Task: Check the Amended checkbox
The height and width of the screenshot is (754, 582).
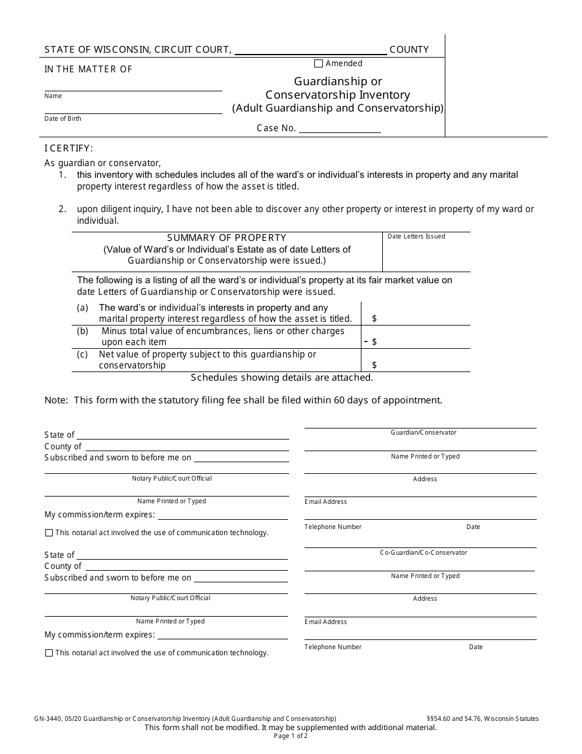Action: click(x=318, y=63)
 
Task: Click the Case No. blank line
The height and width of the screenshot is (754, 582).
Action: click(x=339, y=128)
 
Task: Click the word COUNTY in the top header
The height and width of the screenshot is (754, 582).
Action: click(x=409, y=50)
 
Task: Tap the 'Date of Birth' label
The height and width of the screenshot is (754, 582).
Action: click(x=62, y=118)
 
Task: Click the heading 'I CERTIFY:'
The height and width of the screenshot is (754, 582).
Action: click(x=69, y=148)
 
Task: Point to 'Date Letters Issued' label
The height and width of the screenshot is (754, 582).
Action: click(x=416, y=236)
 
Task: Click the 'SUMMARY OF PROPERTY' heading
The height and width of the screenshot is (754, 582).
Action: click(x=227, y=237)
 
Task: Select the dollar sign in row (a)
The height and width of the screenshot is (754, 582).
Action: click(x=374, y=319)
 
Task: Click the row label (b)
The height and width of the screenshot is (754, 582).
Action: click(x=82, y=331)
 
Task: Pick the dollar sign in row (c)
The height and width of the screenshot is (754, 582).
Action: click(x=374, y=365)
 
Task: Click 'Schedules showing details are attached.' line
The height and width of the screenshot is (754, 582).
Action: click(x=282, y=378)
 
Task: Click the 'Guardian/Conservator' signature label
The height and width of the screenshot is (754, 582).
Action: click(x=423, y=432)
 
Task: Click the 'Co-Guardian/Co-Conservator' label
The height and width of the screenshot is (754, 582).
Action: click(x=423, y=552)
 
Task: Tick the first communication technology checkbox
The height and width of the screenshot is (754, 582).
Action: click(x=49, y=533)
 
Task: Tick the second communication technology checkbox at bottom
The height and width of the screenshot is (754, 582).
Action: click(x=49, y=653)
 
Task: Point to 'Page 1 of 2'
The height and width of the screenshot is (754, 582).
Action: click(x=291, y=736)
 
